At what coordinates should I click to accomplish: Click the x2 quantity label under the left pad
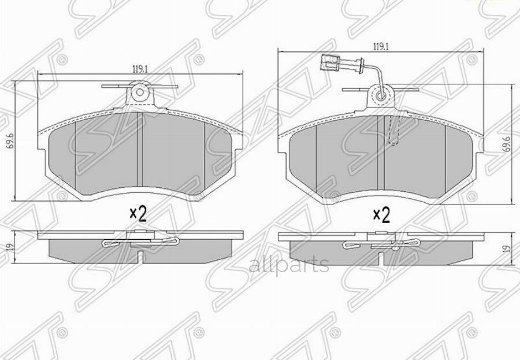[138, 214]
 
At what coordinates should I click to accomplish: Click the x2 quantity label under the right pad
[381, 215]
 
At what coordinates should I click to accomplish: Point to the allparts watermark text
[289, 265]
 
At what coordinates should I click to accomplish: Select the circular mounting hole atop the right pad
[380, 95]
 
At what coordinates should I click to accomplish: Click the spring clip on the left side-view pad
[139, 242]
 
